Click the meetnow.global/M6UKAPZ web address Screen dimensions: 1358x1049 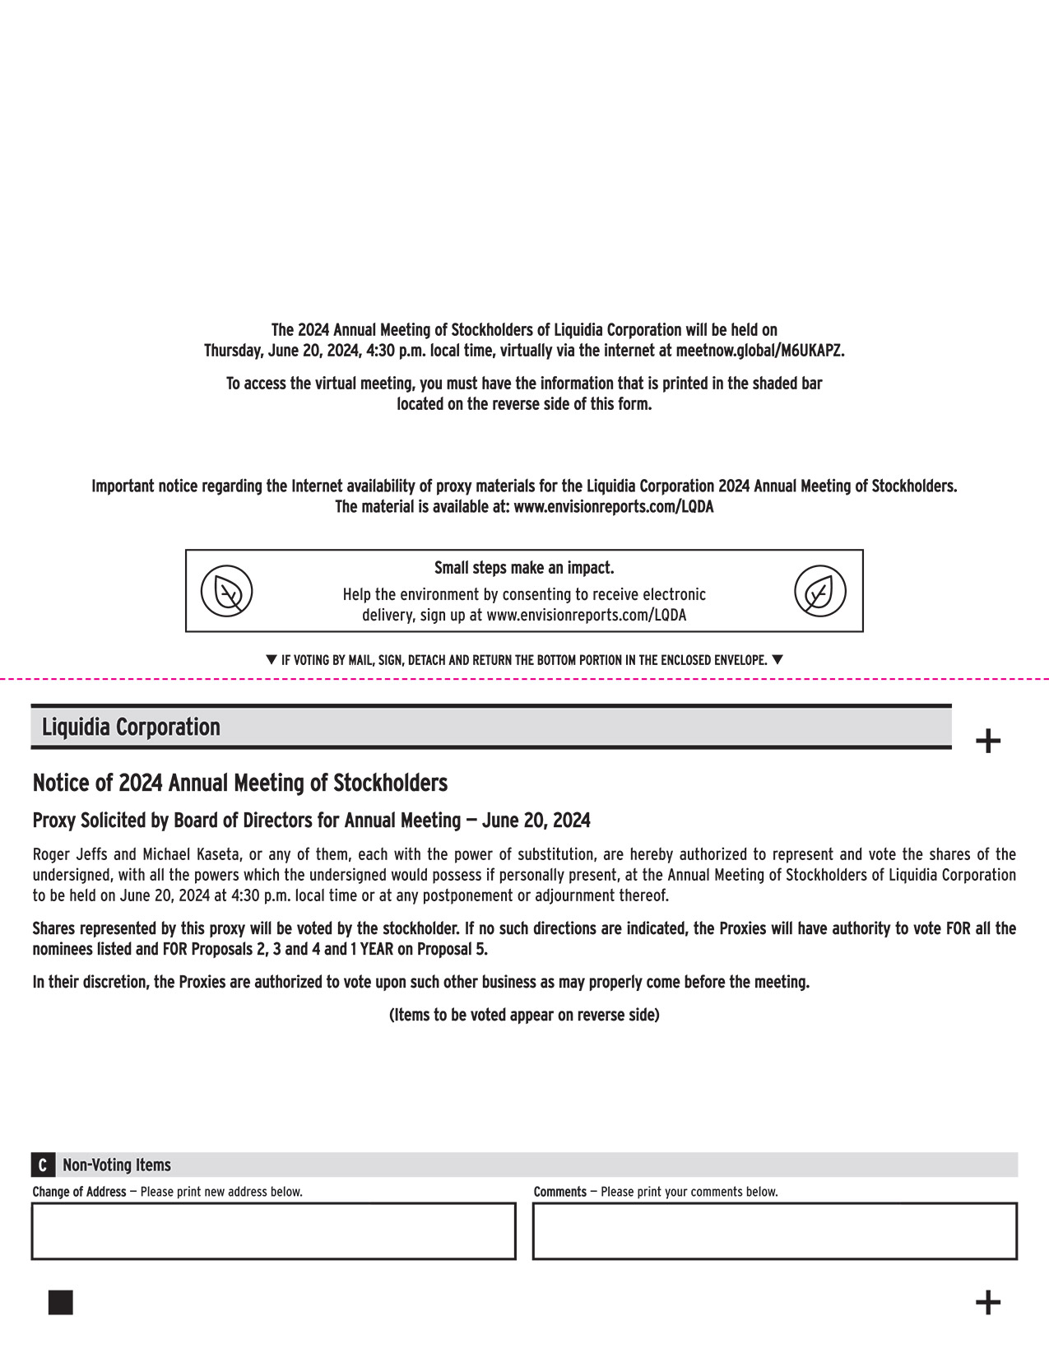759,351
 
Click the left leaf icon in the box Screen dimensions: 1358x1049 227,591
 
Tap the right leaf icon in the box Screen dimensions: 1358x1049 819,591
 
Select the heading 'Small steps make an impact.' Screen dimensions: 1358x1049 524,568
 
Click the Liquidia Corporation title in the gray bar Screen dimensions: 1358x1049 131,728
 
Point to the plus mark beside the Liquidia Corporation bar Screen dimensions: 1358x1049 987,741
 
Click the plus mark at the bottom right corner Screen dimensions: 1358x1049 987,1302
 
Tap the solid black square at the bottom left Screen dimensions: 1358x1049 60,1302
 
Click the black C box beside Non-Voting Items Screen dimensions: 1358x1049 43,1165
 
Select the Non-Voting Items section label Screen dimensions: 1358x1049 117,1165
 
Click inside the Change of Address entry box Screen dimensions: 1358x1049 273,1231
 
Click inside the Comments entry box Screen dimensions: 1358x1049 774,1231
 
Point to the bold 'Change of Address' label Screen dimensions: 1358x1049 79,1192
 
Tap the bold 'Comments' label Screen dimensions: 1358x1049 559,1192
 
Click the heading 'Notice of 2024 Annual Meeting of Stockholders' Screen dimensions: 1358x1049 239,783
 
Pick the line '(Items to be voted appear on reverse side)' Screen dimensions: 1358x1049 524,1015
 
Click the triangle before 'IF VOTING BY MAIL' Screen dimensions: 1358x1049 272,659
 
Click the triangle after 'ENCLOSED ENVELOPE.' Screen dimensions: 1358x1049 777,659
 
